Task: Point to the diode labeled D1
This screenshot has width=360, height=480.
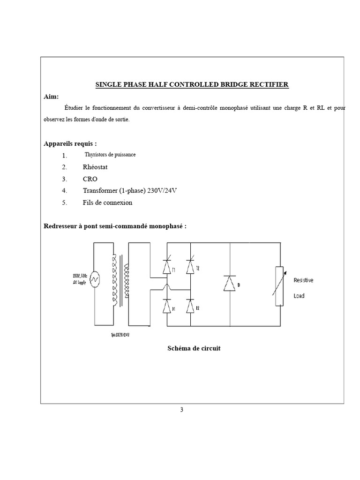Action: pyautogui.click(x=166, y=307)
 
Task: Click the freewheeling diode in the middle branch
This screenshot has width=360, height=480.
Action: pyautogui.click(x=230, y=284)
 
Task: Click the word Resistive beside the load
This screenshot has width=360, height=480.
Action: pyautogui.click(x=303, y=280)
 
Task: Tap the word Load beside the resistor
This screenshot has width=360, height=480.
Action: pyautogui.click(x=299, y=296)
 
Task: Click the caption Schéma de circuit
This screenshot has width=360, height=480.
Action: pyautogui.click(x=194, y=349)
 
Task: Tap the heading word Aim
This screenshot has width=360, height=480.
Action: pyautogui.click(x=51, y=96)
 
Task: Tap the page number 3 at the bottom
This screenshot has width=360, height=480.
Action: pyautogui.click(x=182, y=410)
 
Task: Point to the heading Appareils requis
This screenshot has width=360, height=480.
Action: pyautogui.click(x=71, y=143)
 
